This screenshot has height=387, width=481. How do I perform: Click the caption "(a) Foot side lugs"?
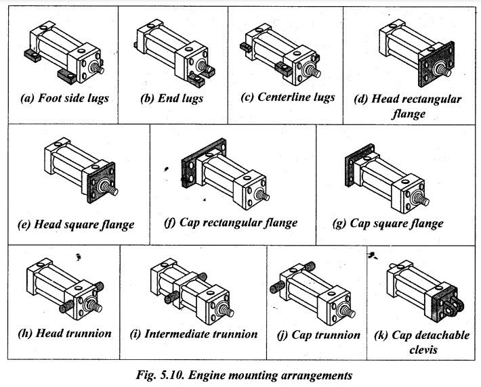(x=65, y=97)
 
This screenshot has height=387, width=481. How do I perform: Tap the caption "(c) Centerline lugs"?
(x=287, y=97)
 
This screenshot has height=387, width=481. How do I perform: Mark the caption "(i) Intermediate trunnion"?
(x=193, y=334)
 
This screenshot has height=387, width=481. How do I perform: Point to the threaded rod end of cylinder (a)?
(x=99, y=68)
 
